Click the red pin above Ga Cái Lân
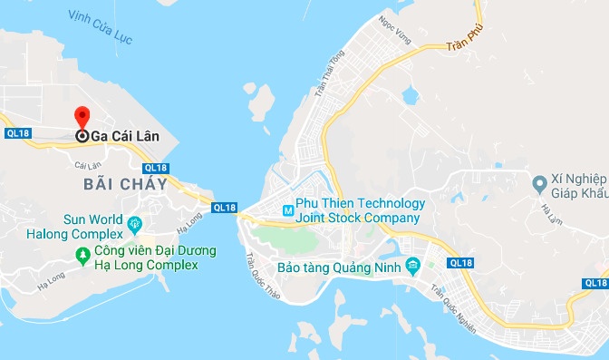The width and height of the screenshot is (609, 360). [x=82, y=117]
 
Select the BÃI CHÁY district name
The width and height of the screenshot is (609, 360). [x=125, y=184]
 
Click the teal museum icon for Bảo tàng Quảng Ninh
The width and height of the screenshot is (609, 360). [x=413, y=267]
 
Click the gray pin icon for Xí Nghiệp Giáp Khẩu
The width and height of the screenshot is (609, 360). [x=539, y=184]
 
